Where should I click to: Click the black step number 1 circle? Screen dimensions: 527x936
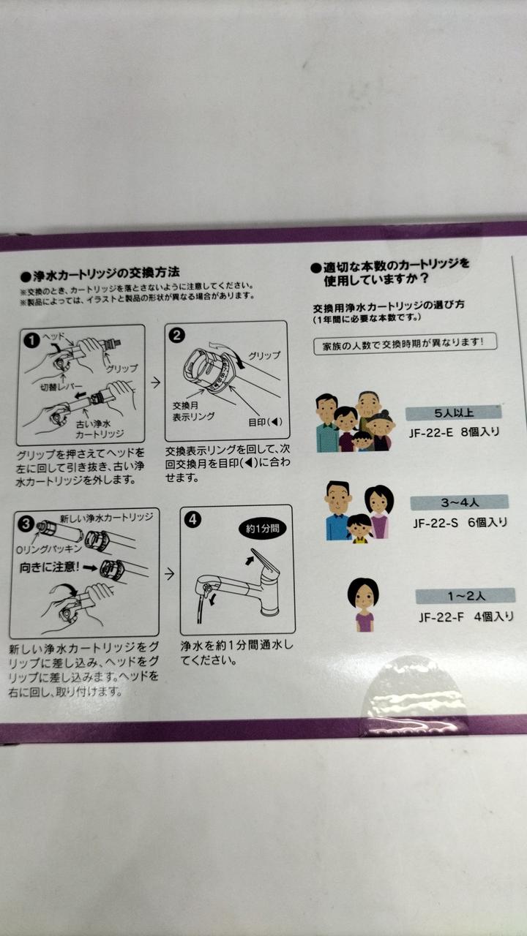pos(32,340)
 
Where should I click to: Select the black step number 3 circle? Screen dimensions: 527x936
pos(26,524)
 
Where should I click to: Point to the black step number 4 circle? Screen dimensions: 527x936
pos(193,519)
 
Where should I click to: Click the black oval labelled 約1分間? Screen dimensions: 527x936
pos(262,529)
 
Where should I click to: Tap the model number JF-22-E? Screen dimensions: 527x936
pos(431,432)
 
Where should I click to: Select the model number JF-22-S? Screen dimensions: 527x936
pos(436,523)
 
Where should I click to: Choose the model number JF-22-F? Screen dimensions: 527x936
pos(441,617)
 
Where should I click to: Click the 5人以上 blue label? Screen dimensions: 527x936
pos(453,413)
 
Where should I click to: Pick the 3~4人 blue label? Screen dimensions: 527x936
pos(459,502)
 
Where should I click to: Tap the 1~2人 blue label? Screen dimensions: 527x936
pos(465,596)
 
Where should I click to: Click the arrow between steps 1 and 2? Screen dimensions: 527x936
pos(155,382)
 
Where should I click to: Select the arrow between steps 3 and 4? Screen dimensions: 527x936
pos(169,574)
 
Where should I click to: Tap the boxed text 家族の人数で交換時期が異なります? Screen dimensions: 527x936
pos(405,344)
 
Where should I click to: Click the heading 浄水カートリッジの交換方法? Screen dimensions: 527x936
pos(100,274)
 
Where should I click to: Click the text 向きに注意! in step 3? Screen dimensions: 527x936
pos(49,567)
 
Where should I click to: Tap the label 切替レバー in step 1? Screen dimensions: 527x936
pos(61,387)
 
